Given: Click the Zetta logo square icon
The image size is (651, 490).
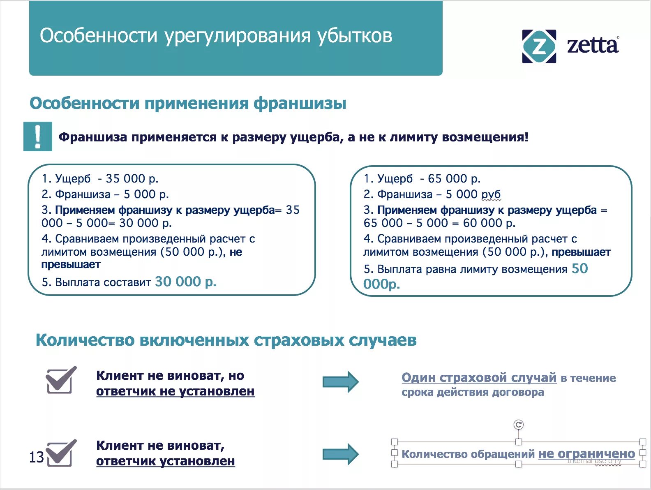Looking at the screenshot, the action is (539, 46).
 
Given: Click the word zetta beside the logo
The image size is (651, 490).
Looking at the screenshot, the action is (592, 45).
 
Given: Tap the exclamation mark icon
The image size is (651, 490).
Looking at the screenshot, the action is (38, 136).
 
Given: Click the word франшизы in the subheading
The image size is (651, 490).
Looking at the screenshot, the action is (300, 103).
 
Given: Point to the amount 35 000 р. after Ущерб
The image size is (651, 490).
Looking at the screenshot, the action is (132, 179).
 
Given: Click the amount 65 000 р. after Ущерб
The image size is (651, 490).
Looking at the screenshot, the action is (454, 179).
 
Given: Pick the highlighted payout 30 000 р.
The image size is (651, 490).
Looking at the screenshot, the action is (185, 282).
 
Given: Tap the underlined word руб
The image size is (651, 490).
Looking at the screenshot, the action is (491, 194).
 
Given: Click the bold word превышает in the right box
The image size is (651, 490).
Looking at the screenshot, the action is (581, 252).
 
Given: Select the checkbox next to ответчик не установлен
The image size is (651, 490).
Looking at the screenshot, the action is (60, 380).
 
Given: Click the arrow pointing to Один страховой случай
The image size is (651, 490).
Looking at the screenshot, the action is (340, 381).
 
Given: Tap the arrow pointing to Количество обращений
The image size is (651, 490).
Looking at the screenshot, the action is (340, 454).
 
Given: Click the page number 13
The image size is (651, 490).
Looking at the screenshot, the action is (36, 457).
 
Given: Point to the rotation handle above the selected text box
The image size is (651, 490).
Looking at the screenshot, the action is (519, 425).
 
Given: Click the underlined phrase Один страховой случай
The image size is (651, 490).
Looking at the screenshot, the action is (479, 377).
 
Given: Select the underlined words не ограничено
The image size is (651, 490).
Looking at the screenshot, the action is (586, 454).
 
